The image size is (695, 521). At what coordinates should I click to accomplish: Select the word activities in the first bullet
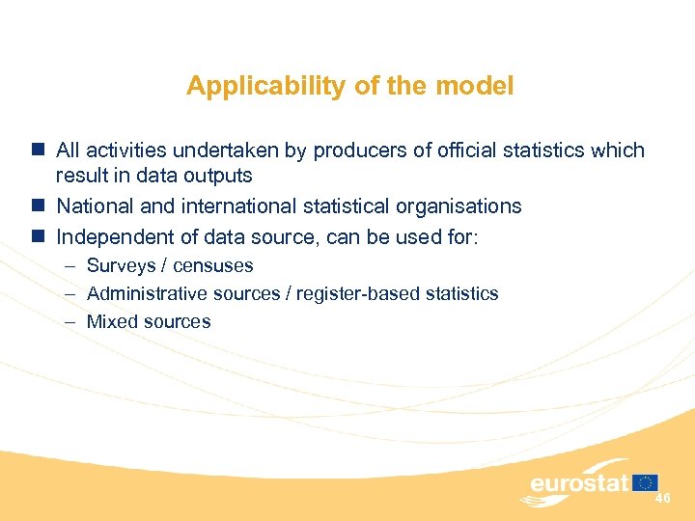click(x=125, y=151)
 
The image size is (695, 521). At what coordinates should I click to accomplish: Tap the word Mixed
click(x=110, y=322)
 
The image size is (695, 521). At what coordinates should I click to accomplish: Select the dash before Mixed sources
click(x=70, y=322)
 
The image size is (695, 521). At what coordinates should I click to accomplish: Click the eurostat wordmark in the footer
click(x=578, y=482)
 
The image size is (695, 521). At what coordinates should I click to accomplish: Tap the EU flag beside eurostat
click(x=646, y=482)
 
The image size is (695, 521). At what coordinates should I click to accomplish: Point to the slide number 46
click(x=662, y=498)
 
